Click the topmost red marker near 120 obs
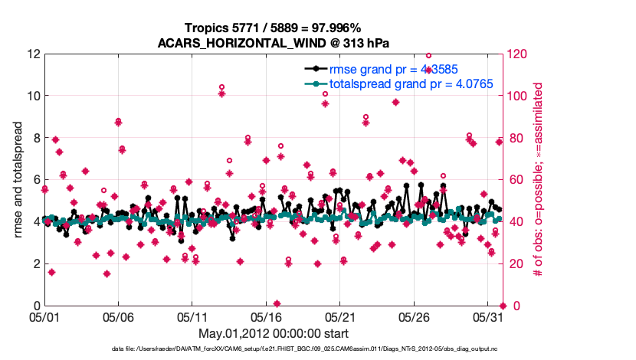coord(428,55)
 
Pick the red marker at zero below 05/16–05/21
coord(277,303)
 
